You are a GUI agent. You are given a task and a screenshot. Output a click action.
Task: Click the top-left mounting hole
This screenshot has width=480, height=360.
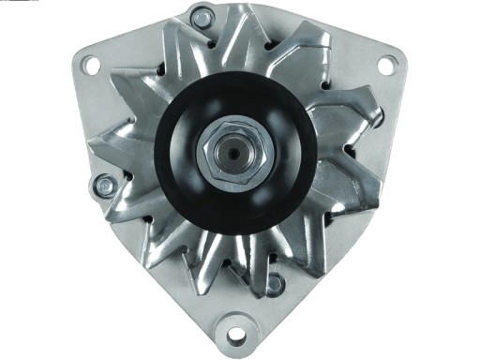(90, 65)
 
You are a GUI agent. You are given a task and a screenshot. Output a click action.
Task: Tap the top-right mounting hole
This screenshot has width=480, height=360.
(386, 65)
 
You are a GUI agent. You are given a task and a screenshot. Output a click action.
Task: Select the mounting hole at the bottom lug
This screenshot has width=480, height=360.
(236, 335)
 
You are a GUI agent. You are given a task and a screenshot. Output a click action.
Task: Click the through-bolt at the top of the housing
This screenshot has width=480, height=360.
(202, 17)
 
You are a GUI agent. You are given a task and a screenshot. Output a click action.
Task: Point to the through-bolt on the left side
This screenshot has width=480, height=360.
(105, 187)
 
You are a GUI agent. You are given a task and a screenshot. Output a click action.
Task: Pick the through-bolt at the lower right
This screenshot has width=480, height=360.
(275, 282)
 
